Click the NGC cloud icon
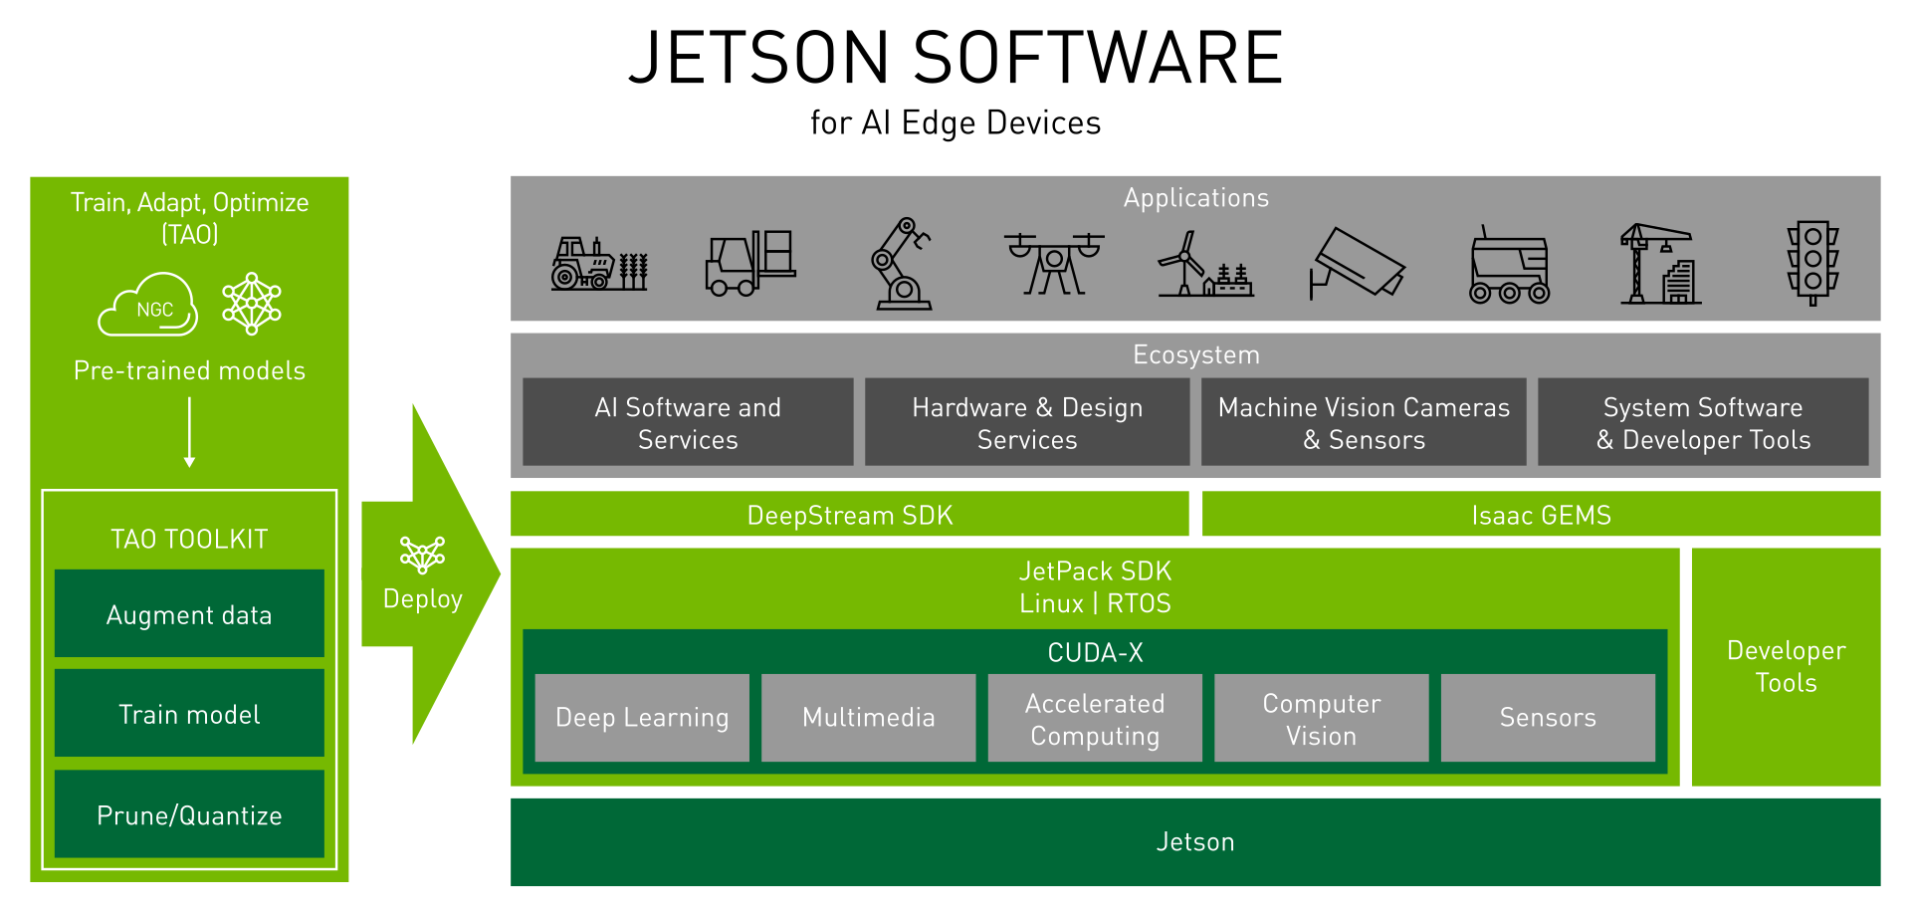[149, 306]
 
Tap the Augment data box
[189, 614]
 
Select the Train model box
[189, 714]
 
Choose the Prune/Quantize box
[189, 814]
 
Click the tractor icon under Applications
[599, 264]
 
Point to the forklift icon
[750, 264]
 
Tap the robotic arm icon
[901, 264]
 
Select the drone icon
[1053, 262]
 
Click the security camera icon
[1357, 264]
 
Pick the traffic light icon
[1812, 262]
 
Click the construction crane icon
[1660, 264]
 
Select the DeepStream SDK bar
[849, 515]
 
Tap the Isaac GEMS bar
[1541, 515]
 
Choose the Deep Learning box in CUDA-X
[642, 718]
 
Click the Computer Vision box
[1321, 719]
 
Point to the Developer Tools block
[1786, 666]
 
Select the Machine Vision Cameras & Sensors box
[1364, 422]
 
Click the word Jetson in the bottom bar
[1195, 842]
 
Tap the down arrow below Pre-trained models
[189, 433]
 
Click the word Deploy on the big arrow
[423, 599]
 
